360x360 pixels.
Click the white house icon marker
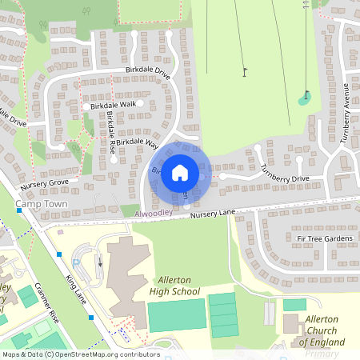click(180, 172)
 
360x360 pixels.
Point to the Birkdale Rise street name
click(111, 133)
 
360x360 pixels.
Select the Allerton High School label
click(174, 286)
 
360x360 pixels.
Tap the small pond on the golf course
click(304, 100)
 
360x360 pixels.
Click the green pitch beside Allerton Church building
click(294, 305)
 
